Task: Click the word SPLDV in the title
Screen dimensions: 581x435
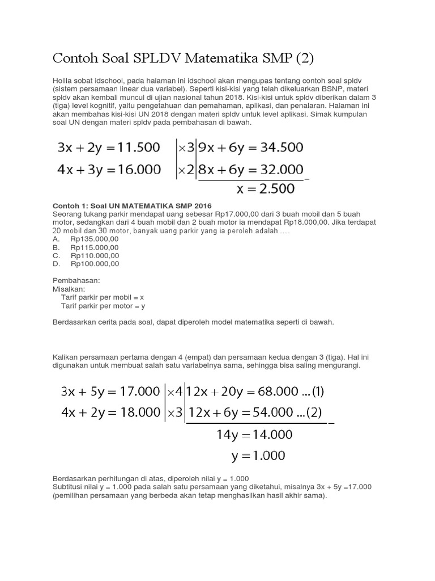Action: click(162, 58)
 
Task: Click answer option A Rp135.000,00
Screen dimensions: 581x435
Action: click(95, 239)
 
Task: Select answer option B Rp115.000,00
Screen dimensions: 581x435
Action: click(95, 247)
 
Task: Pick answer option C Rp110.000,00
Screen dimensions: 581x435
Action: click(95, 255)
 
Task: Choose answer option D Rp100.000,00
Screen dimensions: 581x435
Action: click(95, 264)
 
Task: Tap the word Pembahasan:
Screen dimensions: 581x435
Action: click(76, 281)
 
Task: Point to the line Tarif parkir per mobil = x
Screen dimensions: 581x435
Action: click(102, 297)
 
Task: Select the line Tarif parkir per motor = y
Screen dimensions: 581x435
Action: click(103, 306)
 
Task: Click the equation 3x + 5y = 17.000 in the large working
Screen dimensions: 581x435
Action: click(110, 391)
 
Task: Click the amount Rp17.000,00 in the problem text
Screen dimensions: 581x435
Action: click(240, 214)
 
